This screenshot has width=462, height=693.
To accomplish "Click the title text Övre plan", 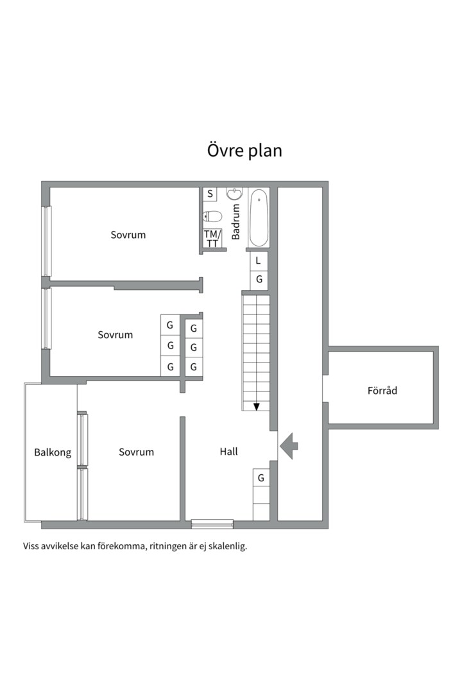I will tap(244, 151).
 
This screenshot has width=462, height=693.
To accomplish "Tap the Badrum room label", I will tap(235, 222).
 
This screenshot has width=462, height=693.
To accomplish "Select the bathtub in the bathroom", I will tap(259, 218).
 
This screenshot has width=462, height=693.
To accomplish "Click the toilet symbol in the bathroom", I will tap(212, 216).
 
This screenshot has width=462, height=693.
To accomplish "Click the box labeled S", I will tap(210, 193).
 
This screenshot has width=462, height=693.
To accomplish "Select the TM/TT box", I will tap(212, 238).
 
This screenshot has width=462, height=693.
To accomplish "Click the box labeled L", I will tap(259, 261).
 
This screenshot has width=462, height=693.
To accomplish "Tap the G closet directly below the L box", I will tap(259, 280).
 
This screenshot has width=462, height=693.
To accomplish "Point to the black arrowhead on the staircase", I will tap(257, 406).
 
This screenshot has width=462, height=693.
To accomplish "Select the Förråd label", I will tap(382, 389).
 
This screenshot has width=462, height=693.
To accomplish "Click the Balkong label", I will tap(53, 452).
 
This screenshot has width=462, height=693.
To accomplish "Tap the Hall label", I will tap(228, 452).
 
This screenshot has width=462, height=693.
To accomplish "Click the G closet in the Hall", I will tap(261, 478).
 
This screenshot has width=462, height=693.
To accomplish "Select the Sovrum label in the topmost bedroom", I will tap(128, 235).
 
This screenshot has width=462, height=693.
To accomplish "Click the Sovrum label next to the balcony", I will tap(136, 452).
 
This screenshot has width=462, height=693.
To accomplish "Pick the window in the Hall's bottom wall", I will tap(212, 524).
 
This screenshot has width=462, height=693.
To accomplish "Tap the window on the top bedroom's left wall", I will tap(46, 241).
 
